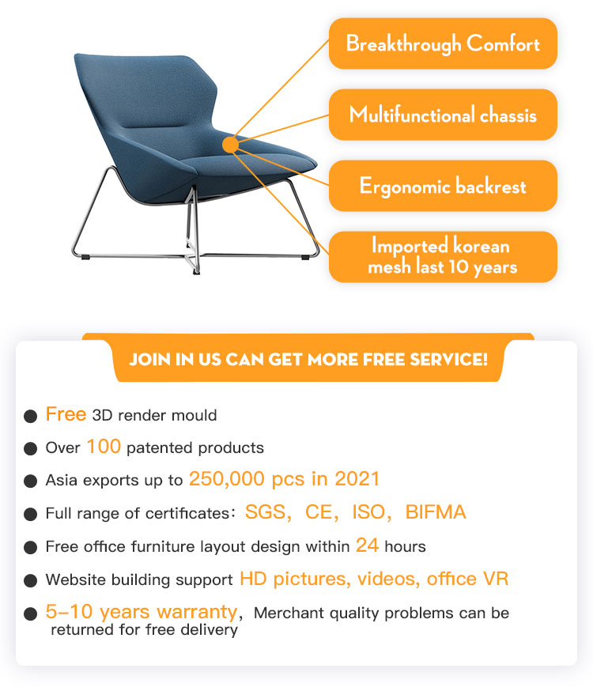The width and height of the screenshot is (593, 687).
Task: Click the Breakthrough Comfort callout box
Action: click(443, 43)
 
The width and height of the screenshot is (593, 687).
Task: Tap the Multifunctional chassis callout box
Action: click(443, 115)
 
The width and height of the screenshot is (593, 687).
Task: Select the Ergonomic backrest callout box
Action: click(443, 186)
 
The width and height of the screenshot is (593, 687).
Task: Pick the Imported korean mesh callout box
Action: click(443, 257)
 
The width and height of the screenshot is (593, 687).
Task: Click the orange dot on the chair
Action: click(230, 145)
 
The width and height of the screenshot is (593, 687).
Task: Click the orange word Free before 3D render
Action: click(66, 414)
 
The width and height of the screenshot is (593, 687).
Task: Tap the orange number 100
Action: click(104, 447)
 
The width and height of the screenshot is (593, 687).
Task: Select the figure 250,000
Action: click(227, 479)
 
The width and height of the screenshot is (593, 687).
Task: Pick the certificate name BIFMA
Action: click(435, 511)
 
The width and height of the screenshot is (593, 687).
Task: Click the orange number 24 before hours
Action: click(367, 545)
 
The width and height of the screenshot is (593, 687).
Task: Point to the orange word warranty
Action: click(197, 612)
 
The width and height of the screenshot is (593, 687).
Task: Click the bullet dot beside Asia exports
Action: click(30, 481)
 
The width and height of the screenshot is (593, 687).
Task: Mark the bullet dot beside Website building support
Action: click(30, 580)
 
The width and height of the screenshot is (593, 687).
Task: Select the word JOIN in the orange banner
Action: click(149, 359)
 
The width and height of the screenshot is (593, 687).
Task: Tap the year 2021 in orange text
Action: click(357, 479)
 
